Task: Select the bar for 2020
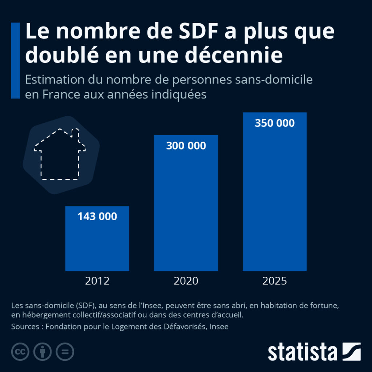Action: [x=186, y=211]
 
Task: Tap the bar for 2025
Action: [x=274, y=200]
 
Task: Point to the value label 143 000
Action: [x=97, y=217]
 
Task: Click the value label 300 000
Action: [x=186, y=146]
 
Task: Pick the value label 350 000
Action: [x=274, y=123]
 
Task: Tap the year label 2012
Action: [x=97, y=281]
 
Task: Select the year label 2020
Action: [x=186, y=281]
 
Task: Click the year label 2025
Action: [x=274, y=281]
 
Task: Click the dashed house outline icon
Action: [x=60, y=154]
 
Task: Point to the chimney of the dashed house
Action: [x=76, y=133]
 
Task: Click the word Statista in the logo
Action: [x=302, y=352]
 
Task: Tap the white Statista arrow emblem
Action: [x=351, y=351]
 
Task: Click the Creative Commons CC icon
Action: [x=20, y=352]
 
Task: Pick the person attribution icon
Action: [x=43, y=352]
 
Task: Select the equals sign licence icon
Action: [x=65, y=352]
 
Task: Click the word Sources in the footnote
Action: [x=25, y=327]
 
